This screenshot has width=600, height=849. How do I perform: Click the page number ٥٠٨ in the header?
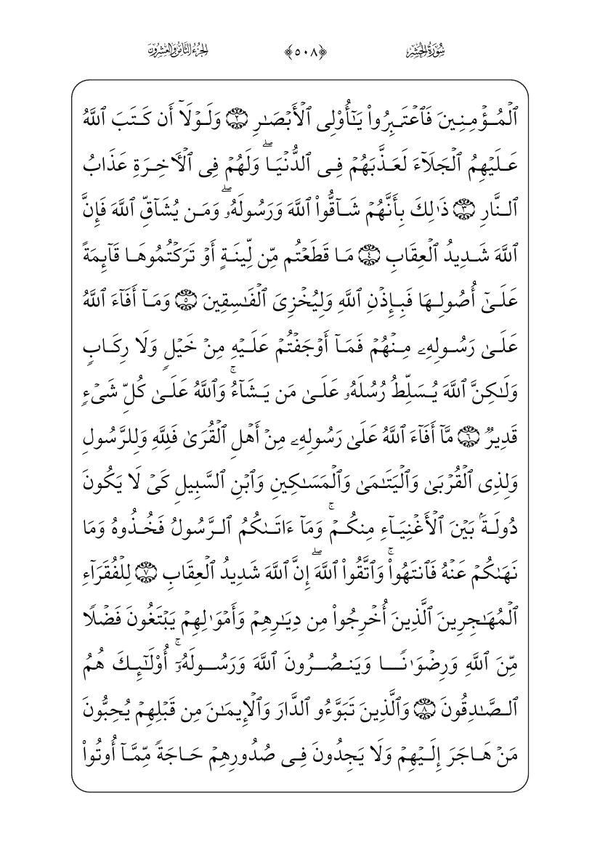pyautogui.click(x=299, y=52)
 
